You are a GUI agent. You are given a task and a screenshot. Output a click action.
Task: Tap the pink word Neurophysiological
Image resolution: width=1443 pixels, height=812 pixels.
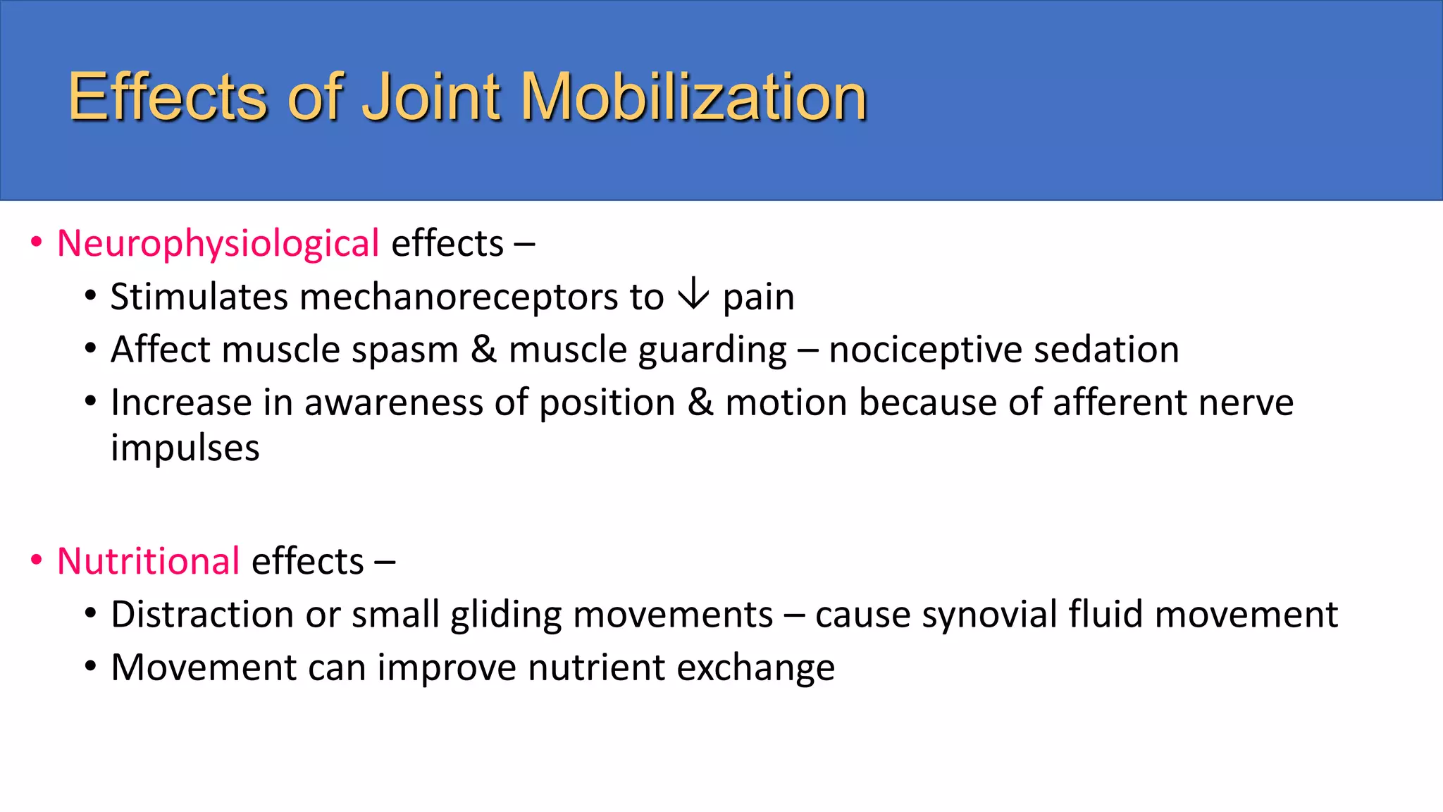pos(218,244)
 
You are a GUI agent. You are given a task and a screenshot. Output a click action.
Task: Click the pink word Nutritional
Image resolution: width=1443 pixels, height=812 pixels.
pos(149,562)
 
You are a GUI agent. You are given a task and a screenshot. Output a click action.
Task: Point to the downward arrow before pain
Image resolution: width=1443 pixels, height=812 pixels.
pos(693,294)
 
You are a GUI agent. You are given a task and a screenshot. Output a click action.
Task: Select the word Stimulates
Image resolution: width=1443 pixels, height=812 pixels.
pos(199,297)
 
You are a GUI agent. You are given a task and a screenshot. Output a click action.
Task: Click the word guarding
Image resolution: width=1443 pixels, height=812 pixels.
pos(712,350)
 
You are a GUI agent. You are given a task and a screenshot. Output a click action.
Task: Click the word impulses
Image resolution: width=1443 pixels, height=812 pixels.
pos(185,449)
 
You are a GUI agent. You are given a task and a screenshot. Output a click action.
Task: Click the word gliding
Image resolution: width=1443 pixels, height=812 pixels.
pos(506,615)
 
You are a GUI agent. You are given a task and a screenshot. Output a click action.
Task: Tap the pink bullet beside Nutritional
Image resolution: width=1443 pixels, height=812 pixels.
pos(36,562)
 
